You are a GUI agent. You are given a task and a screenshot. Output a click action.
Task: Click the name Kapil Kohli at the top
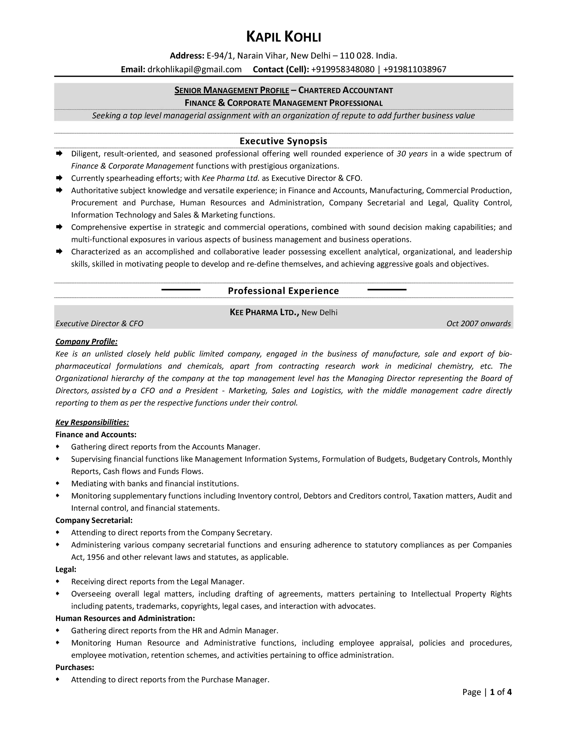[x=284, y=37]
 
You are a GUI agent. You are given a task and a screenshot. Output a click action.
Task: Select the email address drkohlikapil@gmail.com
[x=194, y=69]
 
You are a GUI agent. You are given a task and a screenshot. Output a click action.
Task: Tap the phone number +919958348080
[x=343, y=69]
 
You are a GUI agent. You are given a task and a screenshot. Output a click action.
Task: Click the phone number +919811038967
[x=415, y=69]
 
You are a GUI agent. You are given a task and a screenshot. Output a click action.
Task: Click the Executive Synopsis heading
[x=283, y=141]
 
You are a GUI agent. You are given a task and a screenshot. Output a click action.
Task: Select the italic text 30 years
[x=412, y=154]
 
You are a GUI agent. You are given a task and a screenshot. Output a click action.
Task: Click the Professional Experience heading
[x=283, y=291]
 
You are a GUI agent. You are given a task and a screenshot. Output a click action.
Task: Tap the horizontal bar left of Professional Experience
[x=181, y=289]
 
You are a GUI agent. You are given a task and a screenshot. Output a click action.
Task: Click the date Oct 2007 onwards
[x=478, y=323]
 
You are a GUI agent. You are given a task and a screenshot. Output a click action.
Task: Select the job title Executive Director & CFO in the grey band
[x=99, y=323]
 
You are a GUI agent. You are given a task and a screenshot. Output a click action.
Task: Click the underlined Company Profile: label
[x=87, y=342]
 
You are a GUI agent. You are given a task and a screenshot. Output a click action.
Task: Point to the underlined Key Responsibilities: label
[x=92, y=422]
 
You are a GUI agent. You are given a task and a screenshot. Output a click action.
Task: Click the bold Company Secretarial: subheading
[x=94, y=520]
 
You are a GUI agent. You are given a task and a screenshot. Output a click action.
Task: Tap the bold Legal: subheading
[x=66, y=569]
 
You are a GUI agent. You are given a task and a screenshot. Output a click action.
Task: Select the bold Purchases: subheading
[x=75, y=667]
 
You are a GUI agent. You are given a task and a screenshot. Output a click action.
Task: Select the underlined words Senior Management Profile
[x=232, y=90]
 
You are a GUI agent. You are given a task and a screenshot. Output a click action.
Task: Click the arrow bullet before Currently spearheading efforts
[x=59, y=178]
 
